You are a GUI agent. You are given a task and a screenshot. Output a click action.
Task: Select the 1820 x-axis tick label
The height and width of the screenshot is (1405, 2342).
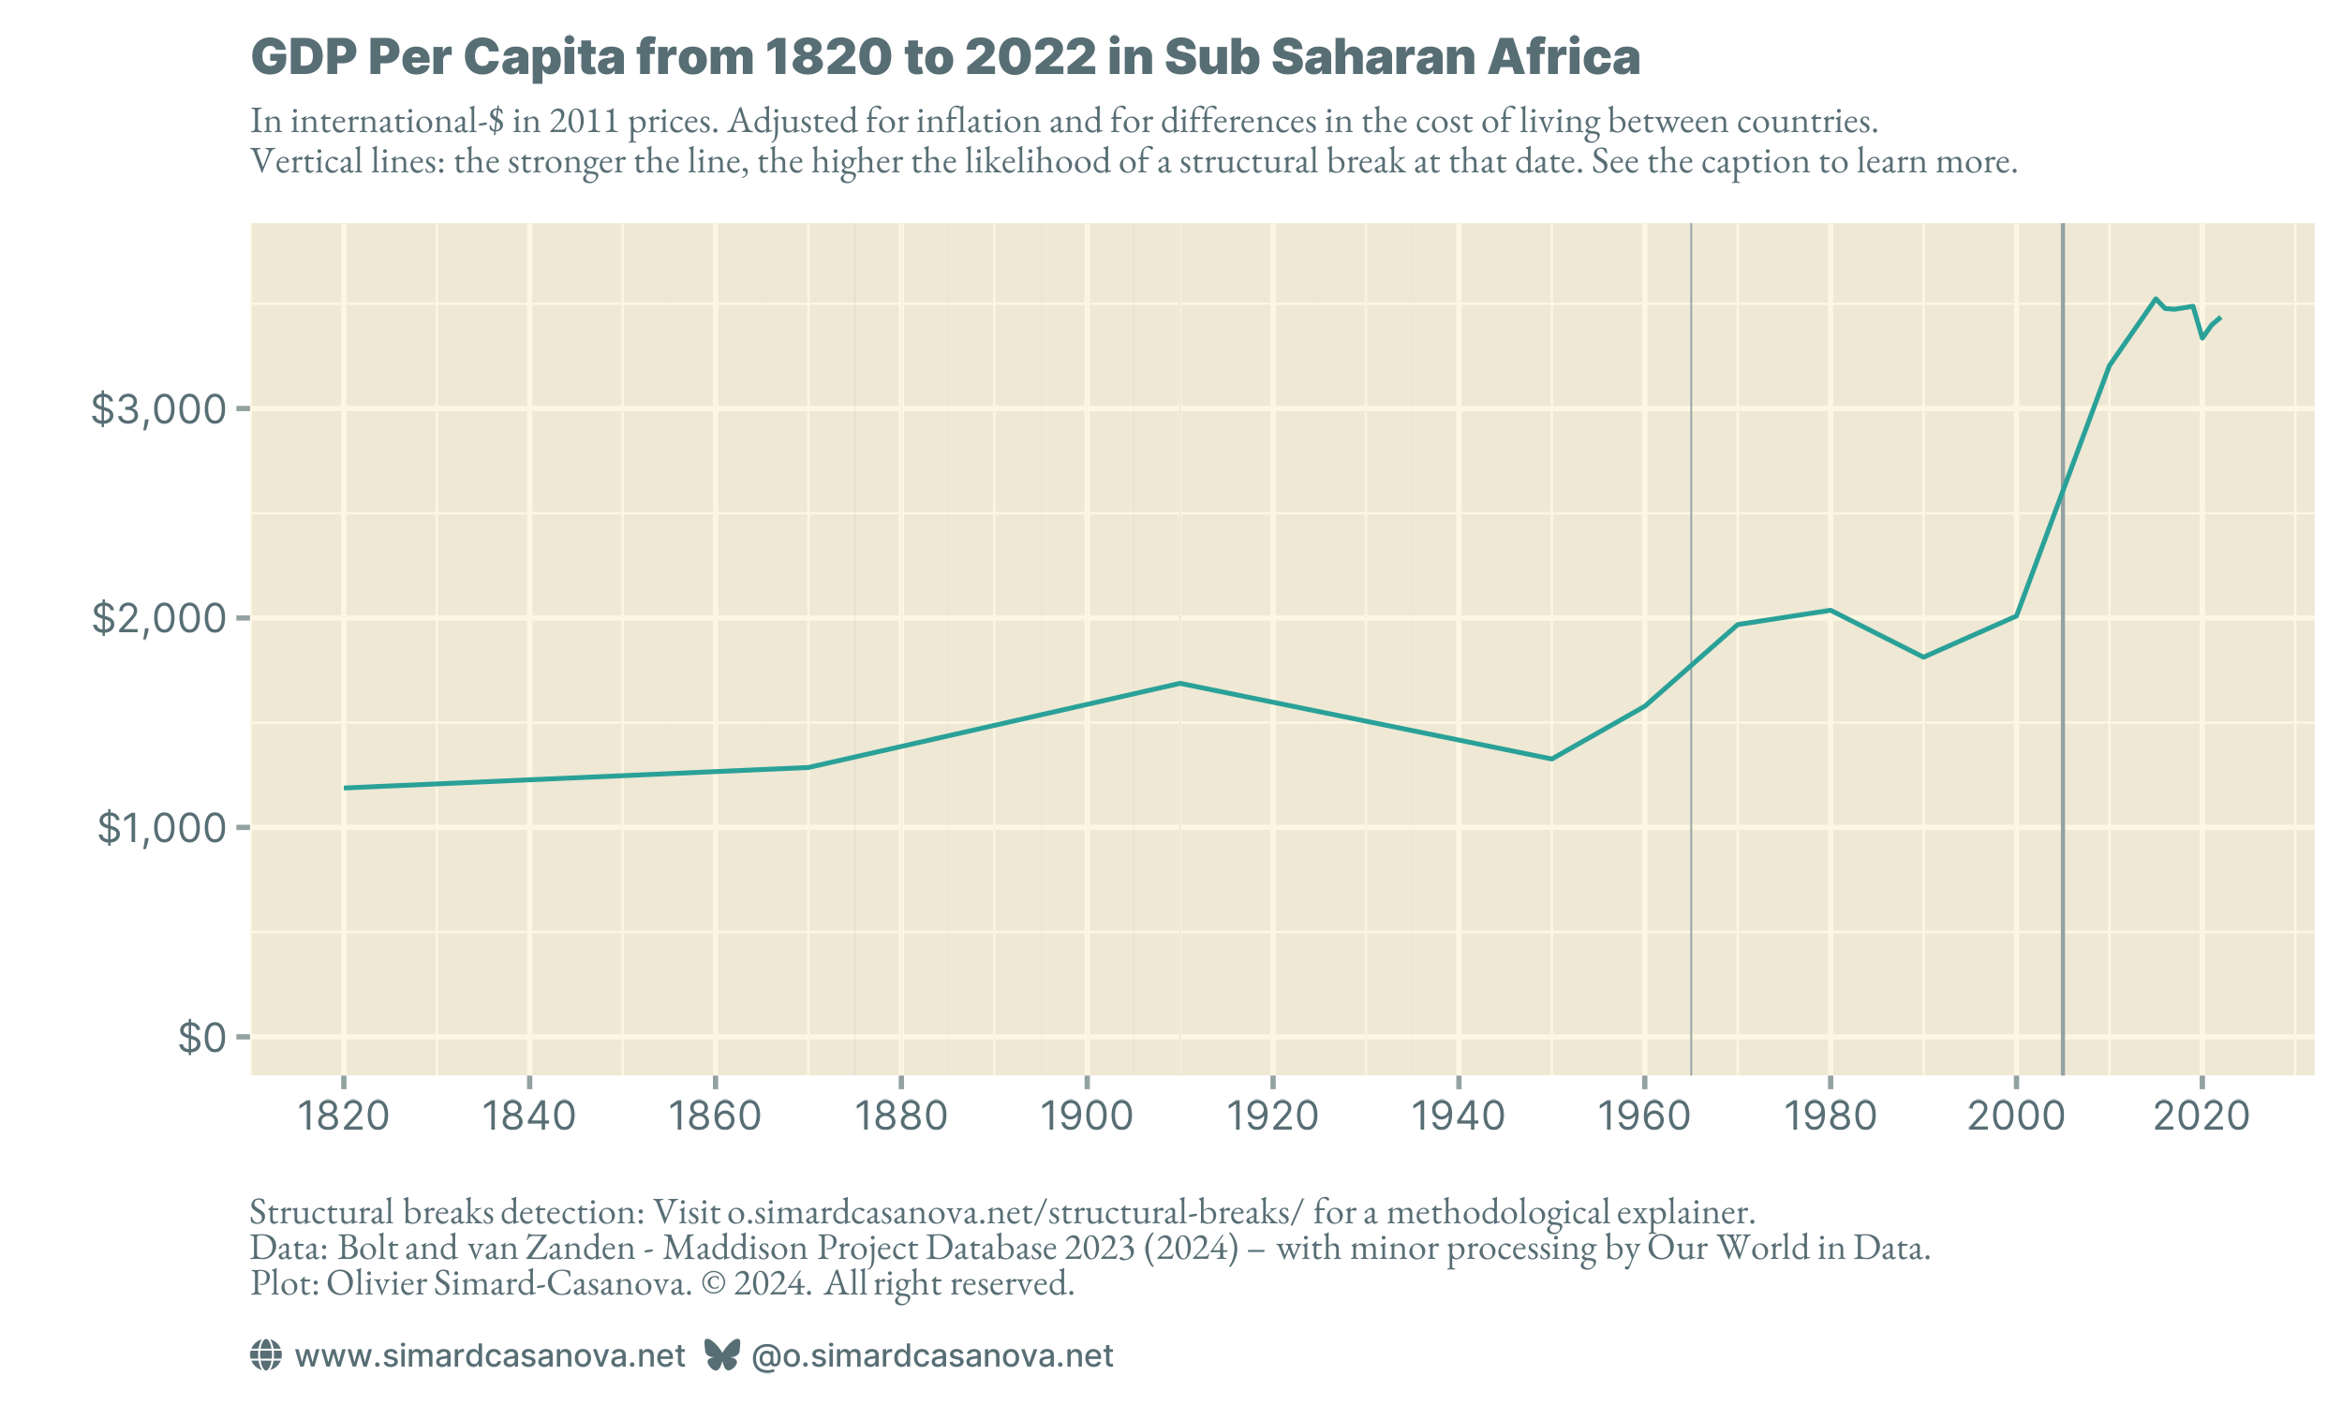344,1117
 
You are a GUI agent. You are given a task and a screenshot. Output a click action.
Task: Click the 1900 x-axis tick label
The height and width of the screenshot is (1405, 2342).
1087,1117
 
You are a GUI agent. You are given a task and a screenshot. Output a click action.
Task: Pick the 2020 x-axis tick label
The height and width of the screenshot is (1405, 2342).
2201,1117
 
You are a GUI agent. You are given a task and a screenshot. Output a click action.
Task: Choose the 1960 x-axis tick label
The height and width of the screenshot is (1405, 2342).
1644,1117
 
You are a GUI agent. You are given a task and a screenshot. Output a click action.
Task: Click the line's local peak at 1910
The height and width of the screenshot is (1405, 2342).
1179,683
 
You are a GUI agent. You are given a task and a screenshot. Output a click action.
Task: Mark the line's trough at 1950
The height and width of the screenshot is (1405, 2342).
1551,759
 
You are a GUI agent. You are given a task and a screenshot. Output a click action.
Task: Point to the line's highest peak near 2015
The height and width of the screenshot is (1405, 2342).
2156,298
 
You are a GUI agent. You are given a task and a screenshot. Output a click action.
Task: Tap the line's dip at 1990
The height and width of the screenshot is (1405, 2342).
1923,657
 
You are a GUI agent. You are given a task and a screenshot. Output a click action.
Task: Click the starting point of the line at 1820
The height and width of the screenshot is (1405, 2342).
346,788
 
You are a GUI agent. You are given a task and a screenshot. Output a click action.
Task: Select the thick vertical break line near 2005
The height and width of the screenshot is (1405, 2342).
2063,852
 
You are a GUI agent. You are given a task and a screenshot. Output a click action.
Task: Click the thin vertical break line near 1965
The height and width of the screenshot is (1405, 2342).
1691,899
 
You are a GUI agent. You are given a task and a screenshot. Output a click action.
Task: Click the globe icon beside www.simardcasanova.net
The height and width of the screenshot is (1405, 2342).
265,1355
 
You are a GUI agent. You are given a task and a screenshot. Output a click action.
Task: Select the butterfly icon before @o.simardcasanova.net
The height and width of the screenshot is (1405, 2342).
721,1355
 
